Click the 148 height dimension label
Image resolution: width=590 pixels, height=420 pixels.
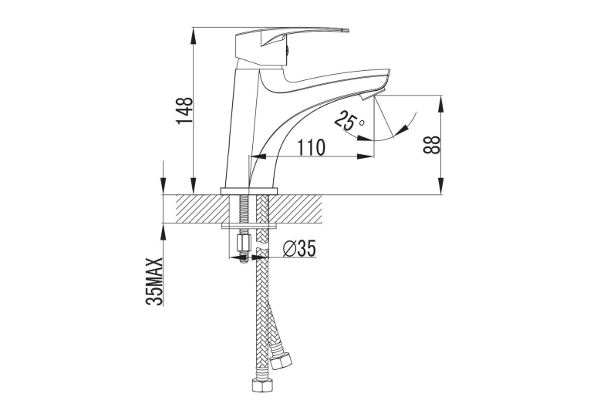[x=185, y=110]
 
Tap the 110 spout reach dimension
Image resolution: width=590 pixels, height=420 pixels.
[x=312, y=147]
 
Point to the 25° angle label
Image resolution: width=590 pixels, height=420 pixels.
[x=349, y=121]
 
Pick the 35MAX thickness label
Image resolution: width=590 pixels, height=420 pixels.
[x=155, y=281]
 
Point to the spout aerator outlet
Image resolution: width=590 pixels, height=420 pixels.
[x=367, y=97]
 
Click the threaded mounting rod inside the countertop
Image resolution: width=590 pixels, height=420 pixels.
[x=243, y=209]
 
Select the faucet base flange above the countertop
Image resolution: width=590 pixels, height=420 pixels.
[x=248, y=190]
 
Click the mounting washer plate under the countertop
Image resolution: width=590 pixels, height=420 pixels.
[x=249, y=226]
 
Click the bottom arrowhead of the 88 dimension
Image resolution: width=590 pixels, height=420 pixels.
[x=441, y=186]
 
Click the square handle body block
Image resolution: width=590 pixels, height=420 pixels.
[x=248, y=48]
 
